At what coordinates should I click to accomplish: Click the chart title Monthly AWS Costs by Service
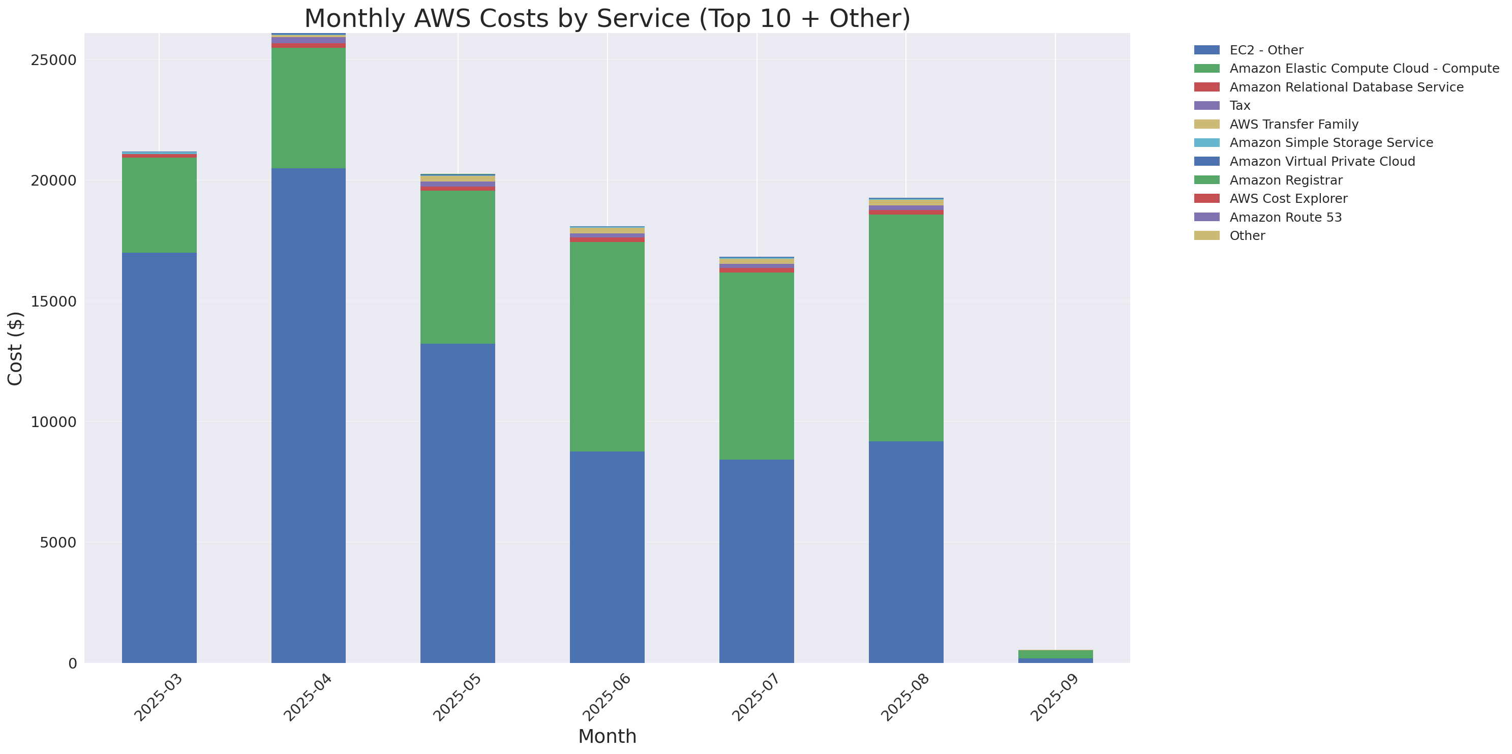click(607, 18)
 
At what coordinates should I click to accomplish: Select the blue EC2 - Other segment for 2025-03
click(159, 458)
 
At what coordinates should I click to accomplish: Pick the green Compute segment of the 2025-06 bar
click(607, 346)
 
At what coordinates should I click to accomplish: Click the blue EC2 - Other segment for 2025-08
click(905, 552)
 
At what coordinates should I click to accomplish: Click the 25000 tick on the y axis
click(53, 60)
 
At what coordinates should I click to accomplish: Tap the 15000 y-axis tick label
click(53, 301)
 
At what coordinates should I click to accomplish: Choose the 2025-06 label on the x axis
click(607, 698)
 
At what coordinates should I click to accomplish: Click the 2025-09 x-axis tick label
click(1055, 698)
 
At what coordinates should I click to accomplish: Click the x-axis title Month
click(607, 736)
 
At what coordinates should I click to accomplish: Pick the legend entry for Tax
click(1239, 106)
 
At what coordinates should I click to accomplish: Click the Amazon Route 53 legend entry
click(1285, 217)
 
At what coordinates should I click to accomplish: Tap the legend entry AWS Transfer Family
click(1294, 125)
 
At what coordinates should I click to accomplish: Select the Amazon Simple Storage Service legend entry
click(1330, 142)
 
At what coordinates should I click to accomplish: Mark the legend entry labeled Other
click(1247, 236)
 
